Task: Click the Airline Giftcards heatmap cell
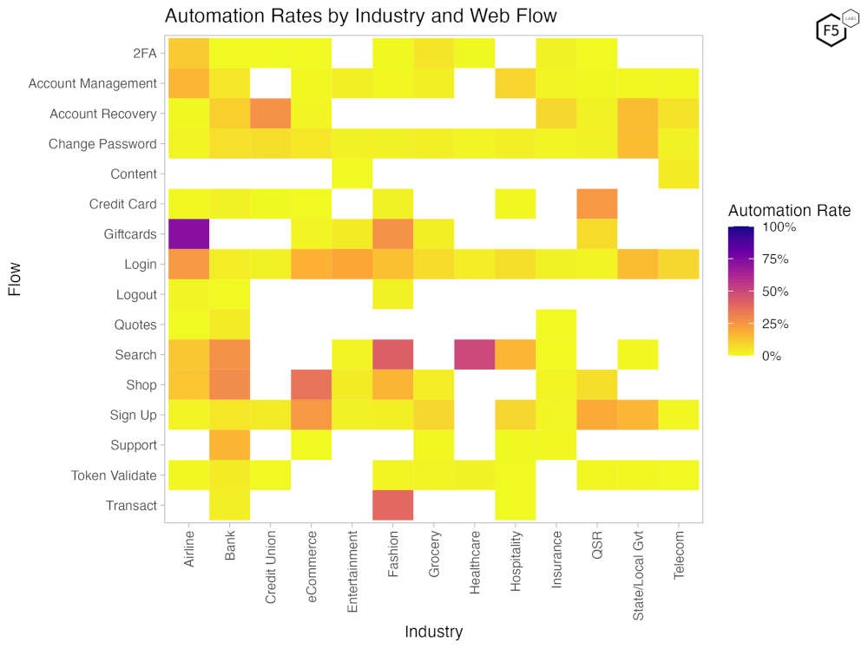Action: [189, 234]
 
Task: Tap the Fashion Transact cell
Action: [393, 505]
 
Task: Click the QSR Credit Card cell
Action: [597, 204]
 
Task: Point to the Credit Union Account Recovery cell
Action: [271, 114]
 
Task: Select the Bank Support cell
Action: [230, 445]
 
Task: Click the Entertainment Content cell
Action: [352, 174]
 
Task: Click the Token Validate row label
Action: [114, 475]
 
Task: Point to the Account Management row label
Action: [92, 84]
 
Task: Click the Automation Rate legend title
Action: [789, 211]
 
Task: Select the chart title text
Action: [360, 16]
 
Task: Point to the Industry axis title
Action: [434, 632]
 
